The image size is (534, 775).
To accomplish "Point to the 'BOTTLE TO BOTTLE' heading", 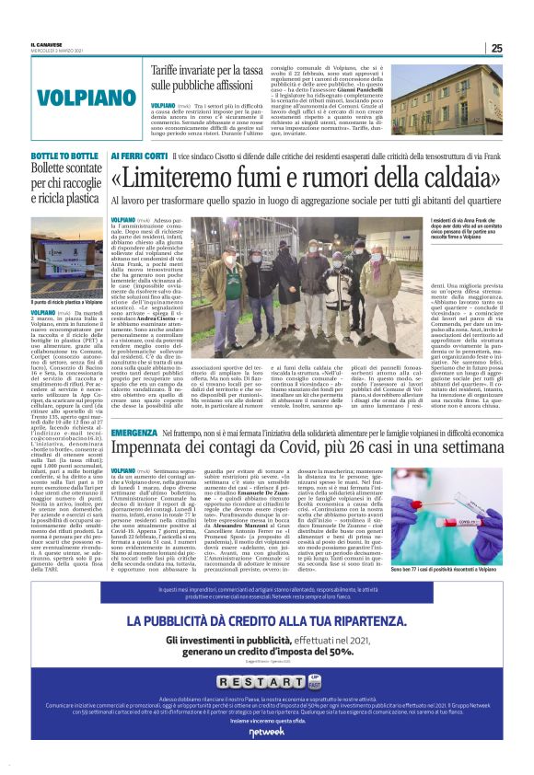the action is click(x=64, y=156).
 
